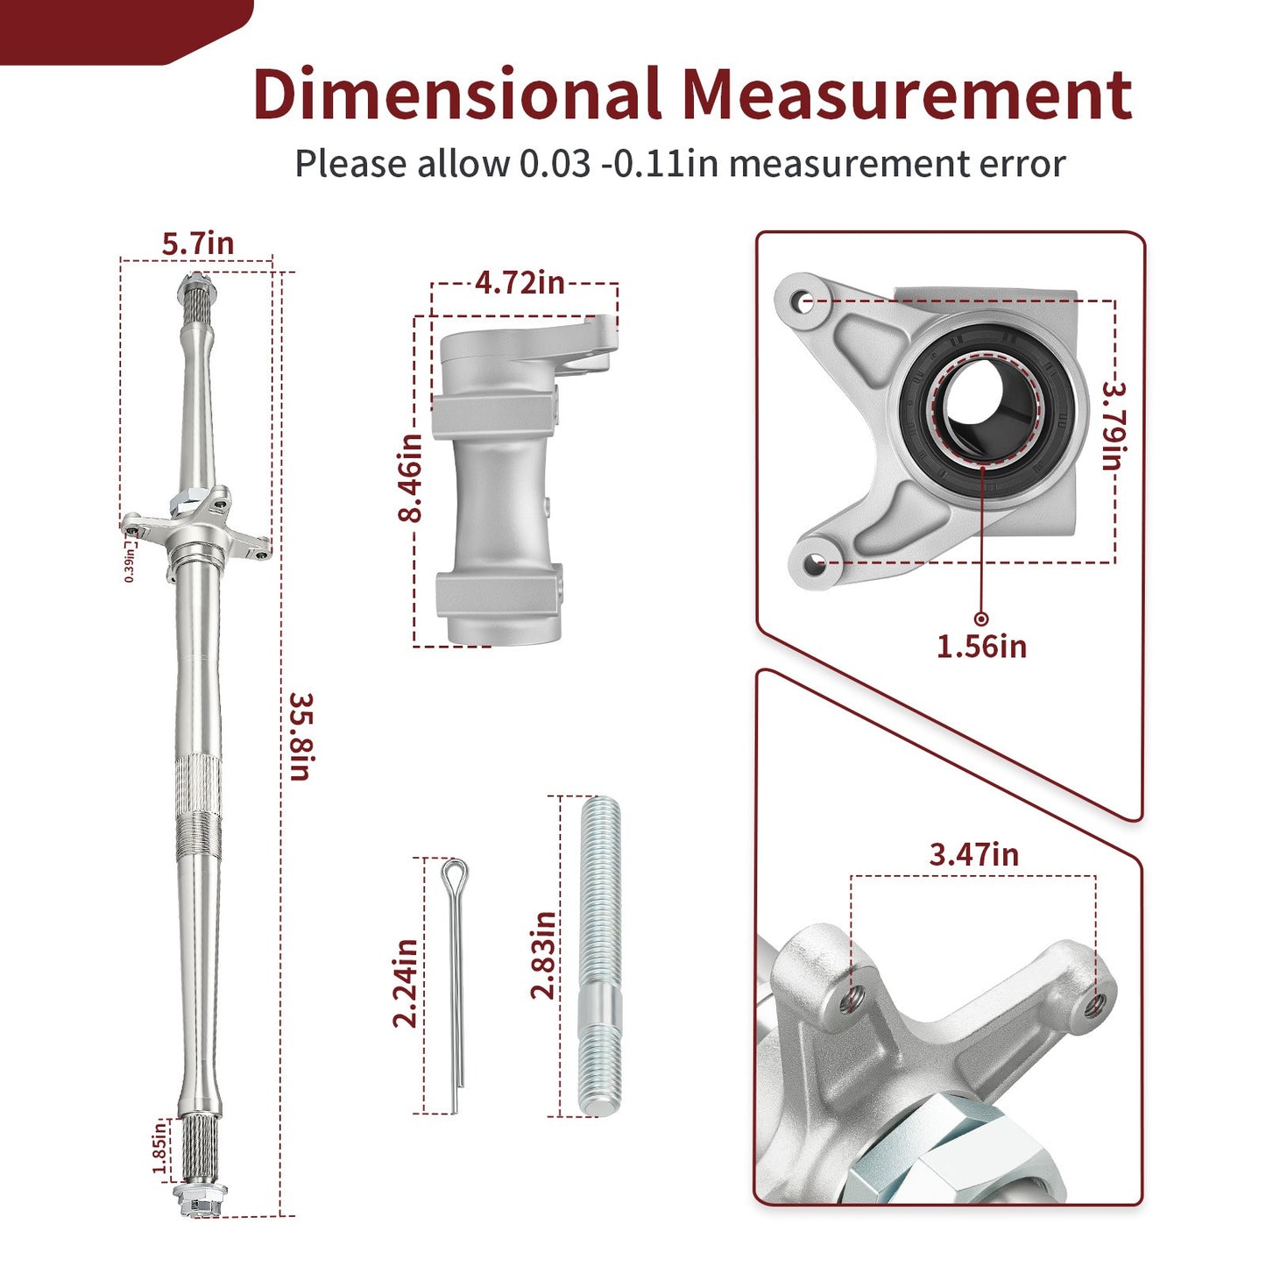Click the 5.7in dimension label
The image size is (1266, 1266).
[x=198, y=244]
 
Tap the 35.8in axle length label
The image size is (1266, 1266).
[x=301, y=737]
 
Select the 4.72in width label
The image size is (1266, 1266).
[x=520, y=282]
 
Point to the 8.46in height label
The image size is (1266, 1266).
[x=410, y=477]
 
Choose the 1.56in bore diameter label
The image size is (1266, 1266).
[x=981, y=647]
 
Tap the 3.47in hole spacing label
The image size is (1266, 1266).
[x=973, y=855]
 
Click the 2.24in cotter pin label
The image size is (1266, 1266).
[x=405, y=984]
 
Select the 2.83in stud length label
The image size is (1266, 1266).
[x=542, y=956]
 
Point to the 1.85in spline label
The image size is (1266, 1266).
[x=159, y=1147]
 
